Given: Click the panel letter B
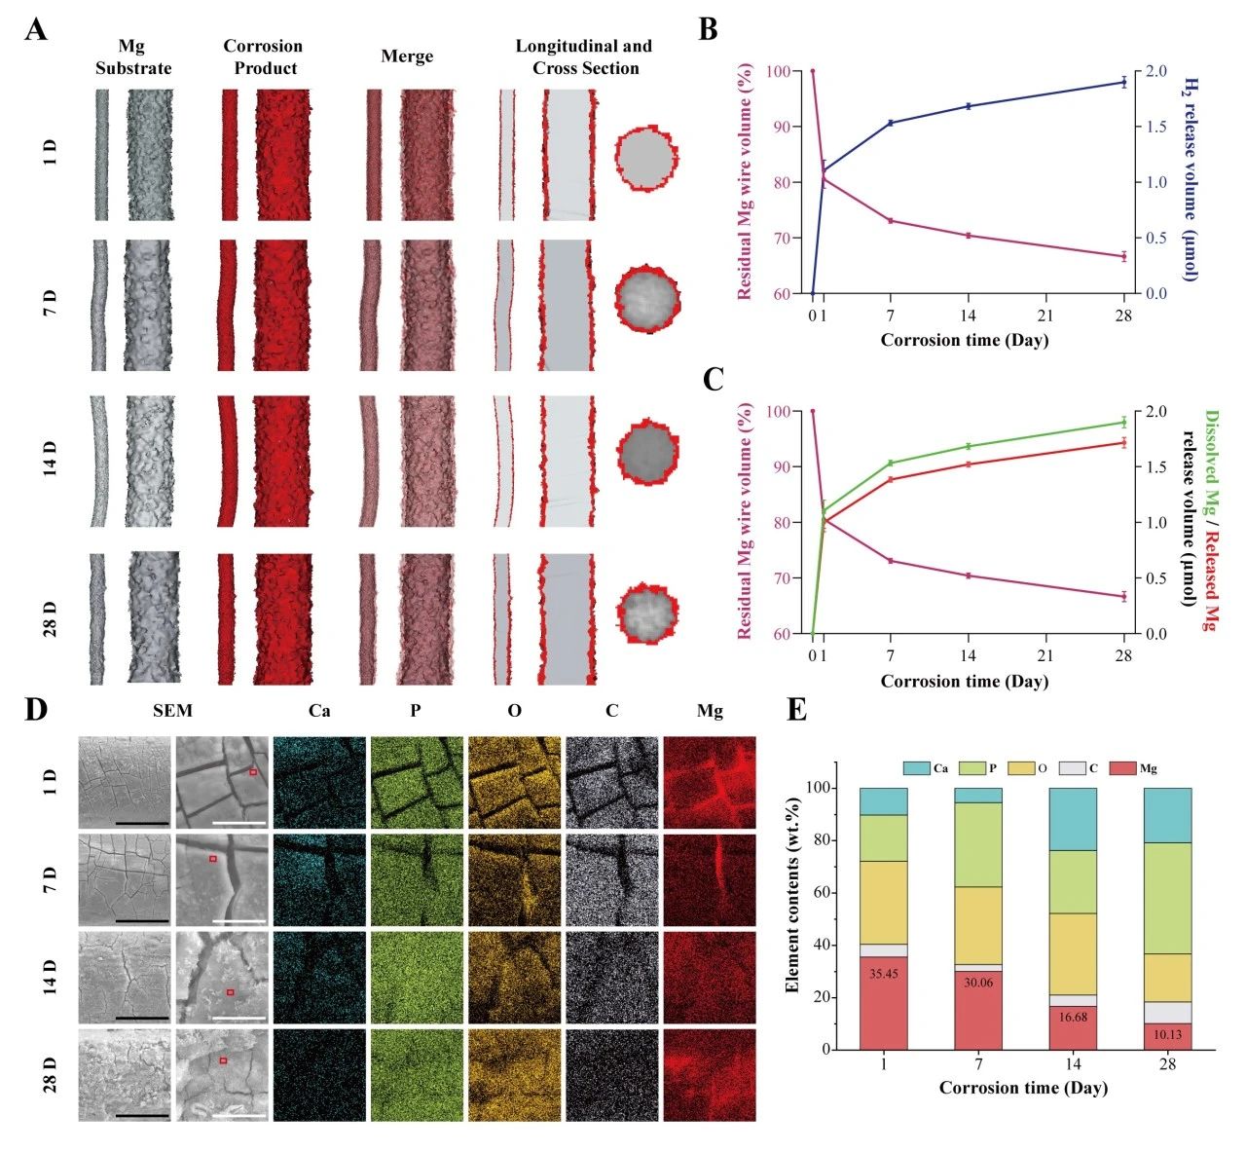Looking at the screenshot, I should coord(709,29).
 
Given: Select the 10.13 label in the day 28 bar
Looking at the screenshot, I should coord(1167,1034).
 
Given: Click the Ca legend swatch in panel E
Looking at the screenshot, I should coord(916,768).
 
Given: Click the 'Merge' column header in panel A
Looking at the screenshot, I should coord(407,56).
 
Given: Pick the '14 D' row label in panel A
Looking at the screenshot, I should coord(52,459).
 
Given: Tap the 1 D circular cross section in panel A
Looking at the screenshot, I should coord(645,156).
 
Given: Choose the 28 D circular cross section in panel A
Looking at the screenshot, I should coord(646,613).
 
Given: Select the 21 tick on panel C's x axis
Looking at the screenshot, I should coord(1045,655).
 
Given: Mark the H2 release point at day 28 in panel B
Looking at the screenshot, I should coord(1123,82).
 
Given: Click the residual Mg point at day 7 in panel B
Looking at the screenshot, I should coord(891,221).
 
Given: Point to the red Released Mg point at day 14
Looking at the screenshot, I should coord(969,464).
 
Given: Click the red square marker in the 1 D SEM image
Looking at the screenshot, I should coord(253,771).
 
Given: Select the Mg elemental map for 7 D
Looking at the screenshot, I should coord(710,878).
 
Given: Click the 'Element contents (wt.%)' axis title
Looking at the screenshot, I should coord(792,918).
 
